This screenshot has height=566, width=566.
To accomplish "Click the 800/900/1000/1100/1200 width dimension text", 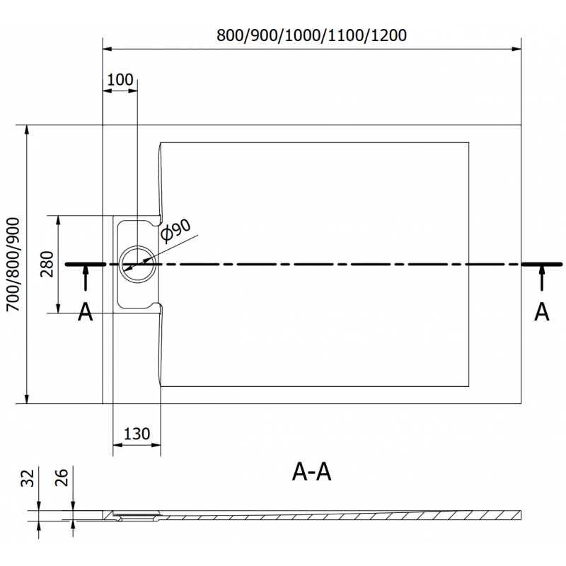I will [x=312, y=35].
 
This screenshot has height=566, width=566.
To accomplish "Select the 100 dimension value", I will [x=120, y=79].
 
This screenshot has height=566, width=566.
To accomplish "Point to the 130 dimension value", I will [x=137, y=434].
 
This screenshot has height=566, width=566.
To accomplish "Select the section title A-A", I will [x=311, y=472].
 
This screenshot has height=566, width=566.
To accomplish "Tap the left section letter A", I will [x=85, y=312].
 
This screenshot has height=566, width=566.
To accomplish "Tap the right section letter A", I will [x=541, y=312].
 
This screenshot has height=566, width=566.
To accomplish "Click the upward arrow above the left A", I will [x=86, y=277].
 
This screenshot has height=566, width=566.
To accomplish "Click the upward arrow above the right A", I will [x=542, y=277].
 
